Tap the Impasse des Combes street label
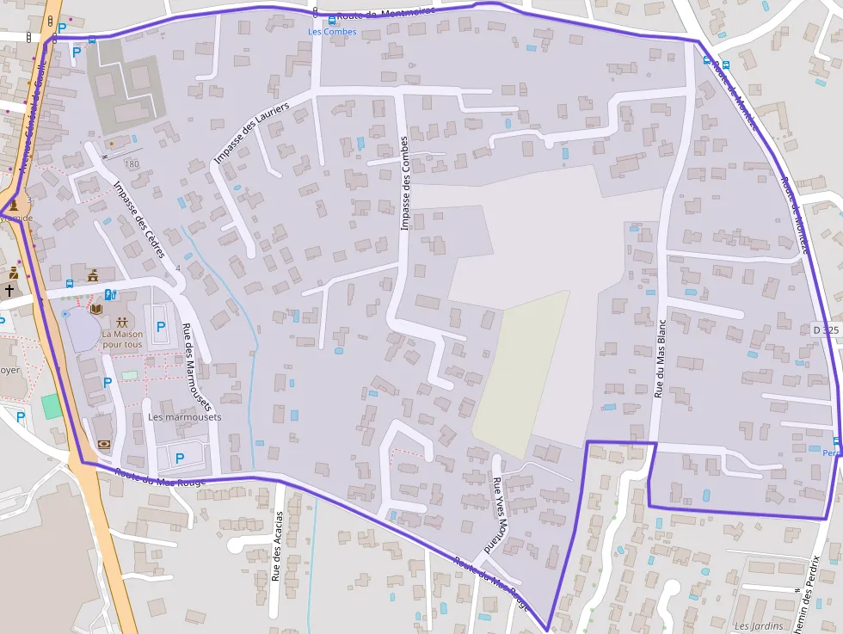[x=404, y=182]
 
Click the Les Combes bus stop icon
[x=332, y=21]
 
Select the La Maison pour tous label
[x=122, y=339]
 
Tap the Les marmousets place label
[x=184, y=417]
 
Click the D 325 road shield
[x=826, y=329]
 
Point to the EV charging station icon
[x=111, y=294]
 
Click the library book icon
[x=96, y=308]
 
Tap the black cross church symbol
[x=9, y=291]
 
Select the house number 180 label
[x=131, y=163]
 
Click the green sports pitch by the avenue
[x=52, y=406]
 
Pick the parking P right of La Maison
[x=160, y=327]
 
